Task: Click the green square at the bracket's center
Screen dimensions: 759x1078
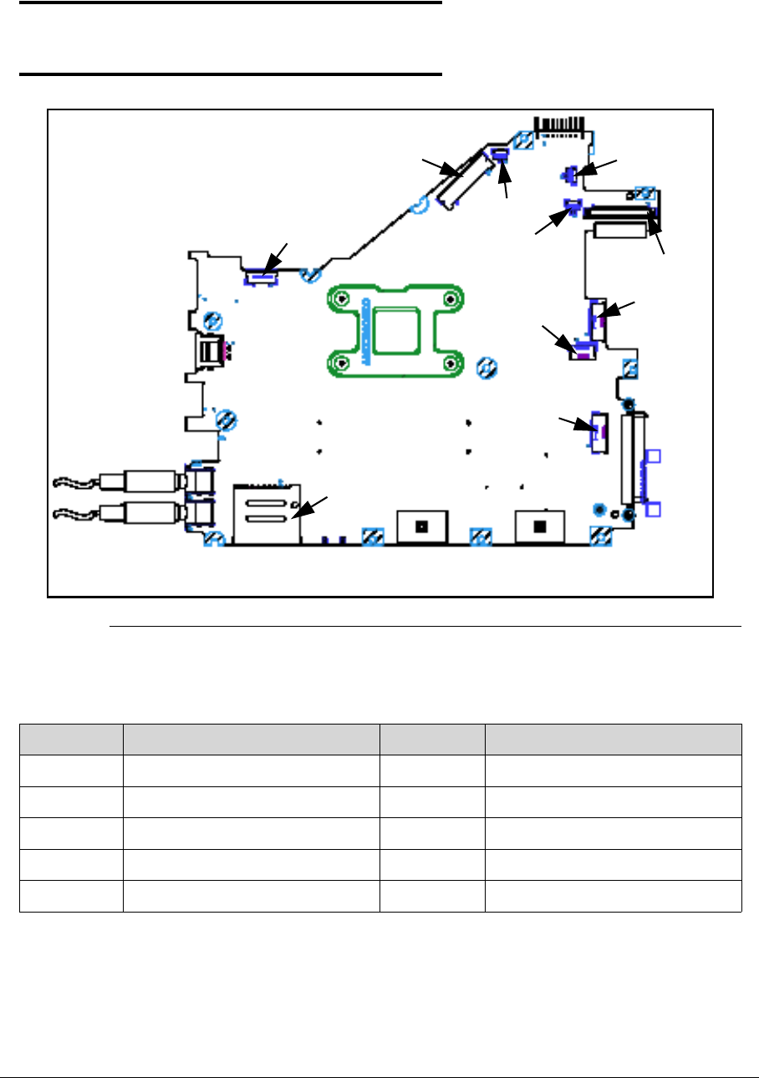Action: (396, 330)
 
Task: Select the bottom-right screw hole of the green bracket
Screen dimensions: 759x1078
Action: (451, 362)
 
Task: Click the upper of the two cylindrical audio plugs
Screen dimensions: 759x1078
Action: (151, 481)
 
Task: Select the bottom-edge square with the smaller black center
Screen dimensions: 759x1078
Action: (421, 526)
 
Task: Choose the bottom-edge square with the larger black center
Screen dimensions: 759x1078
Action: (539, 526)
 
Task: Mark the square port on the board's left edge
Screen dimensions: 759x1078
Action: (208, 350)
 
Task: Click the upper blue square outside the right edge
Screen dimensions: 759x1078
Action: (655, 456)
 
